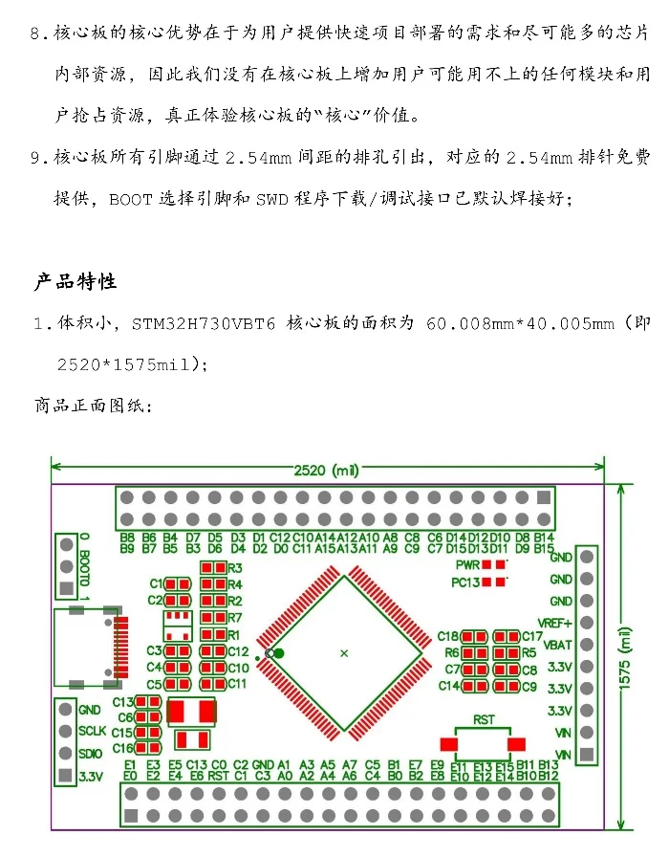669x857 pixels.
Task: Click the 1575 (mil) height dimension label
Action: pos(626,660)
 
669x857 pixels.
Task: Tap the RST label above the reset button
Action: pos(484,718)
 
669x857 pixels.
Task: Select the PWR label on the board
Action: pos(467,564)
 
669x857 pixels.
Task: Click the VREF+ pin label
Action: pos(555,623)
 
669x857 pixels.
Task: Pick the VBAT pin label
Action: pos(557,645)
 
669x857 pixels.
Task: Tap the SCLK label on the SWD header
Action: pos(94,732)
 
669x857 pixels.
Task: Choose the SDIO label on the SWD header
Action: pos(92,753)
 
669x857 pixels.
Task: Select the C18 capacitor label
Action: pos(448,636)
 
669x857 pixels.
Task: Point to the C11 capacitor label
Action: pos(237,684)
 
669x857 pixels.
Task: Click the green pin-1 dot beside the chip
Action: pos(278,653)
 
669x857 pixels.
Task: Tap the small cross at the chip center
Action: pos(344,652)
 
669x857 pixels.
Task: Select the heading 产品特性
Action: pos(76,282)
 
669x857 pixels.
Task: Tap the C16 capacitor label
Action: pos(123,748)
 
